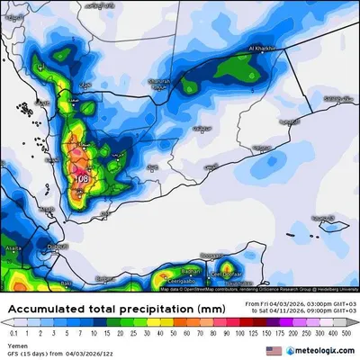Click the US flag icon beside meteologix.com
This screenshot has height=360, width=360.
click(x=274, y=349)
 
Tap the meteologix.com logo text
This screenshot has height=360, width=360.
click(x=319, y=349)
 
